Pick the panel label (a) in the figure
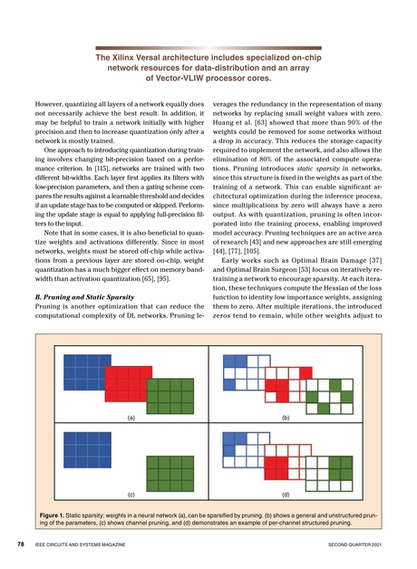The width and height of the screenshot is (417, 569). (x=131, y=420)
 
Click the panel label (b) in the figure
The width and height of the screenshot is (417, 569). (x=285, y=420)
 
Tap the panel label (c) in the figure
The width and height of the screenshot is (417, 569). (x=131, y=497)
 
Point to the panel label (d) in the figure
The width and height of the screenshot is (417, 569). (x=285, y=497)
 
